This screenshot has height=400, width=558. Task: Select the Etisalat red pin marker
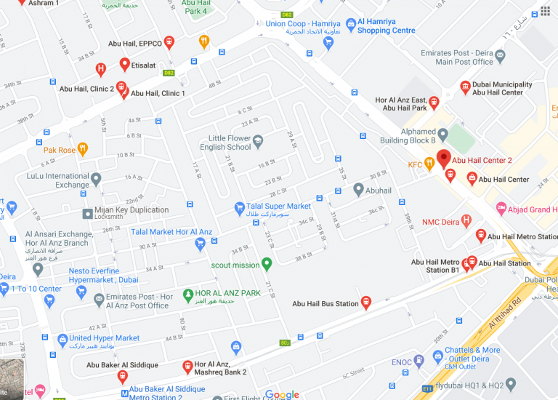point(124,64)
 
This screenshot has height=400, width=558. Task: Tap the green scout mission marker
point(267,264)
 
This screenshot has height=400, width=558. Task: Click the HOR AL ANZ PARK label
point(227,294)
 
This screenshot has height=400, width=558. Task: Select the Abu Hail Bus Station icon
point(365,301)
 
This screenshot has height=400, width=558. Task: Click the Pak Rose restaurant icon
point(84,150)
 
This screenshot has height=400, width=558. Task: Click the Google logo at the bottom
point(282,394)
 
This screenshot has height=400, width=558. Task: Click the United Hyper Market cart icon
point(62,339)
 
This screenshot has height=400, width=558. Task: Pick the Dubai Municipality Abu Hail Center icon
point(465,88)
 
